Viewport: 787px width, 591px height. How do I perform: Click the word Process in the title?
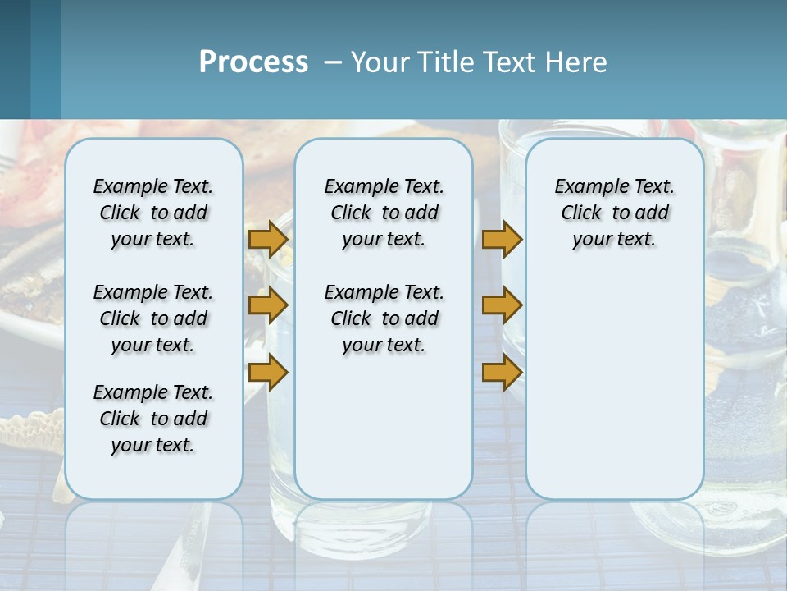pos(253,62)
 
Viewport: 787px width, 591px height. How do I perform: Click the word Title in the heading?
pos(445,62)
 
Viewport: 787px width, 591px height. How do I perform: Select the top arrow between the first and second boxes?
pos(268,239)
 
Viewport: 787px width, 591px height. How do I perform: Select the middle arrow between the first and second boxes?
pos(268,306)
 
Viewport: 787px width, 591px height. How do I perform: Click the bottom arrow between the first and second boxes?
pos(268,373)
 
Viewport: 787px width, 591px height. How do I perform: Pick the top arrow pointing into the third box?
pos(502,239)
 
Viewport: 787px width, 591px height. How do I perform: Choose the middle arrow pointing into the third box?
pos(502,306)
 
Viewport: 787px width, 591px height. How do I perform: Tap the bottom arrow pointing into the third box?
pos(502,373)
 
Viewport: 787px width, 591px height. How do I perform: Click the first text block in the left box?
pos(153,213)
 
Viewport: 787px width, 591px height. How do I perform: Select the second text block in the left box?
pos(153,318)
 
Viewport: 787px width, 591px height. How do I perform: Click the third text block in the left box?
pos(153,419)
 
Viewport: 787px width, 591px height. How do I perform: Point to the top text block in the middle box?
pos(384,213)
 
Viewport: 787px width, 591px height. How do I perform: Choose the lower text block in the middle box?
pos(384,318)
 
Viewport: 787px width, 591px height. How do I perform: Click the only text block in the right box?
pos(614,213)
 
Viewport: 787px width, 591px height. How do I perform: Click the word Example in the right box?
pos(585,187)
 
